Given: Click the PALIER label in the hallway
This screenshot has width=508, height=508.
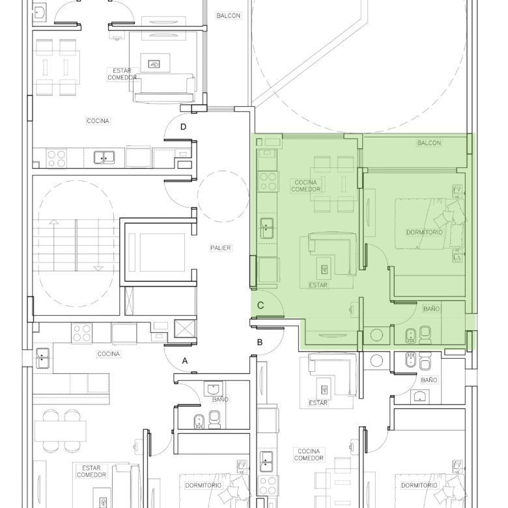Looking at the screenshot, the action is coord(221,248).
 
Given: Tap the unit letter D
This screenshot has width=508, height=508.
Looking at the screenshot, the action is coord(184,127).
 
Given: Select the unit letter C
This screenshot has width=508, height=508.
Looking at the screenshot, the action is coord(261,305).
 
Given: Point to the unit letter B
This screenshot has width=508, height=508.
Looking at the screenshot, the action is coord(259,342).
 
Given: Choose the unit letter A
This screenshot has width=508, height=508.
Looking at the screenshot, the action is coord(185,361).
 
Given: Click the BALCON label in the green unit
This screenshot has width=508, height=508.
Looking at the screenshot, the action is coord(429,143).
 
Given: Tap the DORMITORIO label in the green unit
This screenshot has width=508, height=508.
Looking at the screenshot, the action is coord(425,233).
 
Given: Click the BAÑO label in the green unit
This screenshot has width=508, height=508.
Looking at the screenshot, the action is coord(432,309).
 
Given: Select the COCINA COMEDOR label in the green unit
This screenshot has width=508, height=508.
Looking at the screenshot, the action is coord(305,186).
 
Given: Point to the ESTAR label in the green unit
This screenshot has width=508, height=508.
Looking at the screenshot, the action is coord(318,285).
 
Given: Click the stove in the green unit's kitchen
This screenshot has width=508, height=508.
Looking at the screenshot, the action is coord(268,182).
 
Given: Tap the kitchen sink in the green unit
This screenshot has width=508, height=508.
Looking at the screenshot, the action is coord(266,228).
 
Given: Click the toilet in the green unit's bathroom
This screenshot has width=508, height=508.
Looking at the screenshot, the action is coord(425,335).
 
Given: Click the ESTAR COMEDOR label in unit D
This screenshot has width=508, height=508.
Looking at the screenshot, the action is coord(122,74).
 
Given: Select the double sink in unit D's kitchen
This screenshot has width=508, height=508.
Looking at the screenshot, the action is coord(104,158).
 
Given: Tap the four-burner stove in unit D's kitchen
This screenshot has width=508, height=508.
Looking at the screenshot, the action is coord(57,158).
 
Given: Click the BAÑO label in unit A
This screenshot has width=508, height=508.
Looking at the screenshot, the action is coord(220,399).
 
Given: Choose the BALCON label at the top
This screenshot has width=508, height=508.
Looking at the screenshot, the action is coord(229,16).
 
